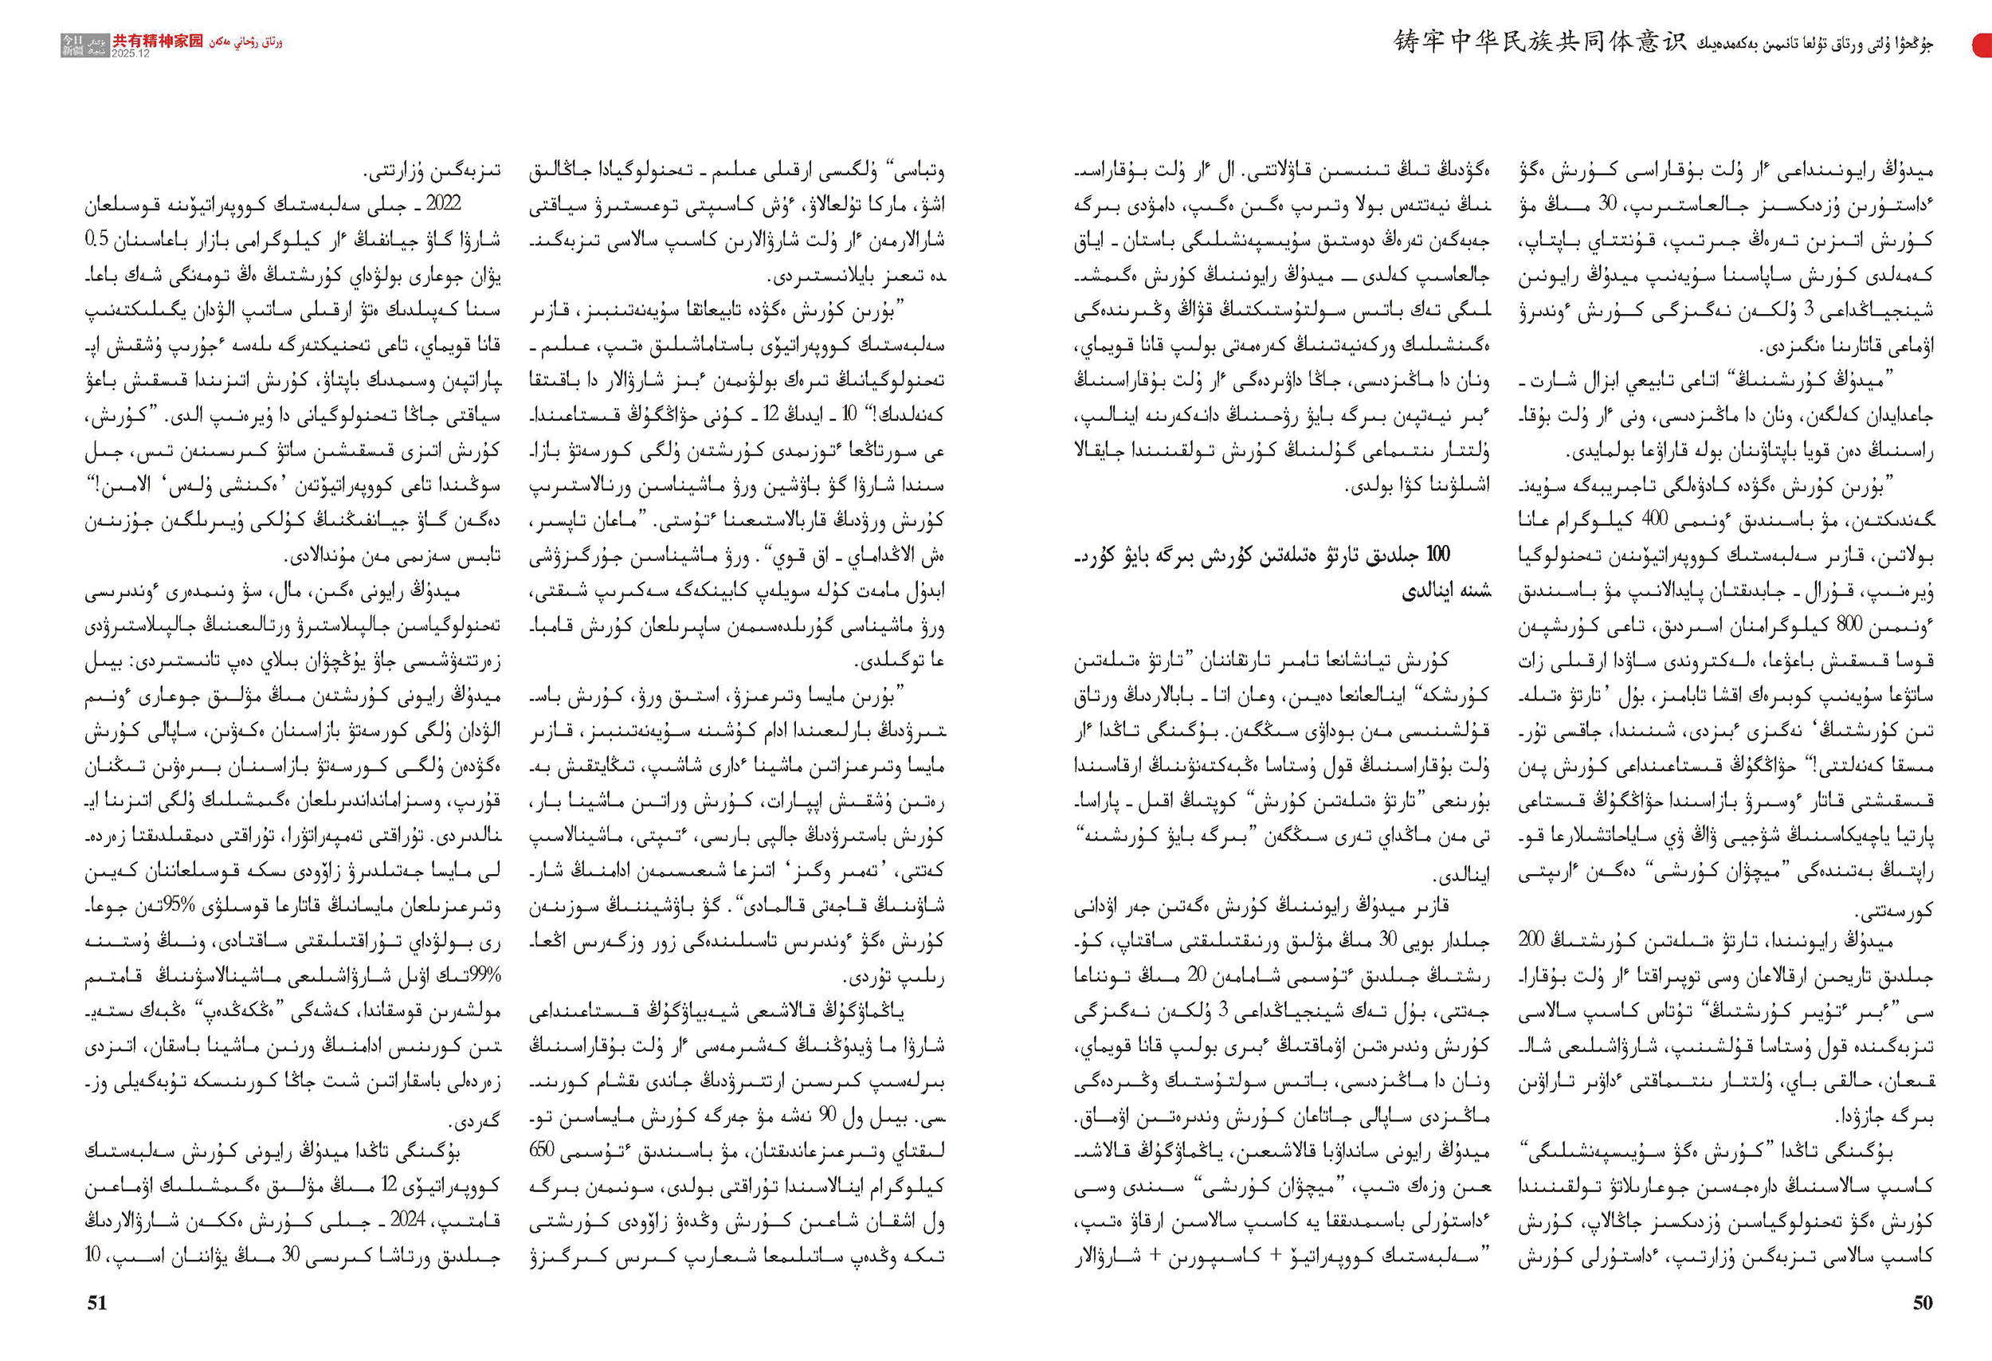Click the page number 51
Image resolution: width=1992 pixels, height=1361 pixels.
click(x=97, y=1303)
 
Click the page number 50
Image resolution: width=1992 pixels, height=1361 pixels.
click(x=1923, y=1303)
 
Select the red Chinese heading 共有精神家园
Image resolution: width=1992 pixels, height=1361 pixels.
click(x=158, y=41)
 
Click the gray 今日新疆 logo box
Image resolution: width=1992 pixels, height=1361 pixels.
click(x=84, y=45)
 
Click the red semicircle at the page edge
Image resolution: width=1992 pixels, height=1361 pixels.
click(x=1982, y=45)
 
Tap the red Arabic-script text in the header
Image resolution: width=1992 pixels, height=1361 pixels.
click(x=245, y=42)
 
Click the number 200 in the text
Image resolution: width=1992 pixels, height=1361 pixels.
click(x=1531, y=939)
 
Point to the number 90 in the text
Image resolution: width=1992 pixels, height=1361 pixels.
click(x=827, y=1115)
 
